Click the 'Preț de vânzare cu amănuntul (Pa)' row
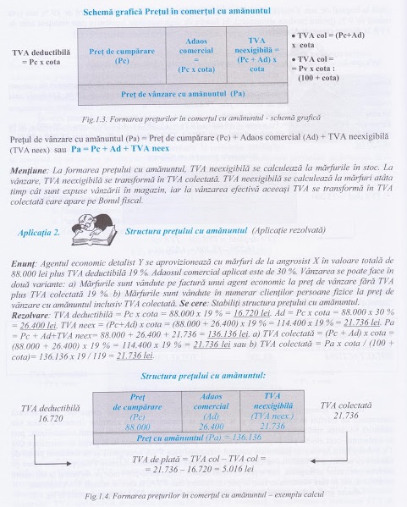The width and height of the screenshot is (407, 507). [x=183, y=91]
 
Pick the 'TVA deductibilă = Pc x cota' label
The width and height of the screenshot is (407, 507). [x=41, y=58]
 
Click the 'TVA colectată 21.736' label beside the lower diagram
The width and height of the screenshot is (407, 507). [x=344, y=411]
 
